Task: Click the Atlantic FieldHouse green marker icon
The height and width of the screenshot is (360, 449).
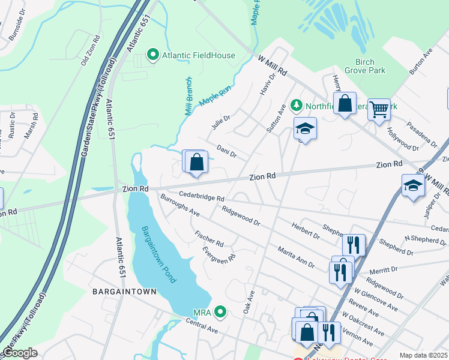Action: pyautogui.click(x=152, y=55)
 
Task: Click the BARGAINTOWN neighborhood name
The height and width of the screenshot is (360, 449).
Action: pyautogui.click(x=124, y=292)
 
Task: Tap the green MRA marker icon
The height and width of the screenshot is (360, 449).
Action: pyautogui.click(x=221, y=311)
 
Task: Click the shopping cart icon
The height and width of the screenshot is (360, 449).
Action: pyautogui.click(x=379, y=109)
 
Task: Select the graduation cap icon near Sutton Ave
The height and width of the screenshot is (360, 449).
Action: pyautogui.click(x=305, y=128)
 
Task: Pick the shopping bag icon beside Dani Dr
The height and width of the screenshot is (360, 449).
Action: pyautogui.click(x=196, y=161)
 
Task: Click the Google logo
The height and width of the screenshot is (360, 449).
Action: pyautogui.click(x=20, y=353)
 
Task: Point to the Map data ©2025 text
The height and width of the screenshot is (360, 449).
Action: pyautogui.click(x=423, y=355)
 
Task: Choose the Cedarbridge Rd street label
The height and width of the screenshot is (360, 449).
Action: pyautogui.click(x=201, y=197)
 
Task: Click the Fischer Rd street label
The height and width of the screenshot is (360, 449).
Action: pyautogui.click(x=209, y=238)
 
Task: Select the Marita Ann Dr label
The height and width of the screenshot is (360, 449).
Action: pyautogui.click(x=295, y=256)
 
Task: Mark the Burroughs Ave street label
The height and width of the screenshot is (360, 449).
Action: pyautogui.click(x=180, y=208)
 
